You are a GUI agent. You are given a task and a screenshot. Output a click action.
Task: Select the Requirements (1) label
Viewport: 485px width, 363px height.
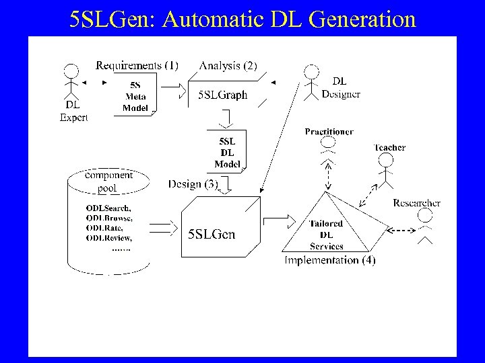137,65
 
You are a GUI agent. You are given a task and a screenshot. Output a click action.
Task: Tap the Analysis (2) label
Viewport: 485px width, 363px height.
228,65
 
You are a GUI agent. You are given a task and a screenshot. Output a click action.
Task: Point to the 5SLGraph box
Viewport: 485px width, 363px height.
223,95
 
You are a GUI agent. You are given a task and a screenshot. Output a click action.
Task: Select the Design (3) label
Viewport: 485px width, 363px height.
193,184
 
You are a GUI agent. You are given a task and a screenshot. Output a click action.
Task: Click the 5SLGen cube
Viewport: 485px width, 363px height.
216,228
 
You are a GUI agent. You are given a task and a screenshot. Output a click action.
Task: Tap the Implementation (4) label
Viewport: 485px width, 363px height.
330,259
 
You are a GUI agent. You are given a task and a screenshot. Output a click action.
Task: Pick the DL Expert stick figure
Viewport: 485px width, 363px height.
72,83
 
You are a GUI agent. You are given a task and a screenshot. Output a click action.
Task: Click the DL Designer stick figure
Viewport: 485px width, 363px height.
311,82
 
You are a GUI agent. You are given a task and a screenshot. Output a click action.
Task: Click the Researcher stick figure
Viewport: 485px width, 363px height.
426,225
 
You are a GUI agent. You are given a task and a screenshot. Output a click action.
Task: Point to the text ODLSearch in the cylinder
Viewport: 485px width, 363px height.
108,208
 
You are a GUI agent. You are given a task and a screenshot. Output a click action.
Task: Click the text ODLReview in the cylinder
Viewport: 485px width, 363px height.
108,237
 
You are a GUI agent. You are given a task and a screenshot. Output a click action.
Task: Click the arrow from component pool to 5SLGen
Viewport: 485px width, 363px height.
161,228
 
